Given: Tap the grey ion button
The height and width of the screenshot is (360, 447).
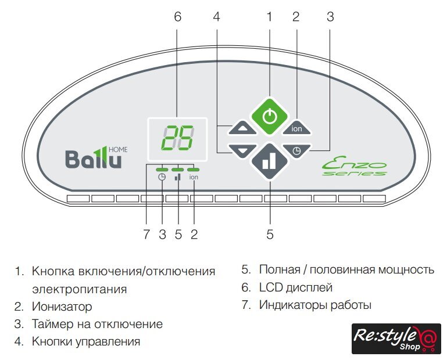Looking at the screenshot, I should point(296,129).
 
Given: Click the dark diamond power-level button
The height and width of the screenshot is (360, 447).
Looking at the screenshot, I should point(269,161).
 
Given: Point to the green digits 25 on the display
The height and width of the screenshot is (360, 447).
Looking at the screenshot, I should point(178,138).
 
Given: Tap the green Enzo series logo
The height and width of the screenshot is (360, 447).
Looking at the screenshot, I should point(355,168).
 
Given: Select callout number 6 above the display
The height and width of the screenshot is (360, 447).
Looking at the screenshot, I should point(177,17).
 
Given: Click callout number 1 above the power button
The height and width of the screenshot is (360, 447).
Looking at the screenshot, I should point(269,17).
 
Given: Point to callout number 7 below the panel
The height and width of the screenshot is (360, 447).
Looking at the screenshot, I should point(146,235).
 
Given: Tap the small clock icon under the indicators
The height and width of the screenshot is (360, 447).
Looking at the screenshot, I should point(162,178).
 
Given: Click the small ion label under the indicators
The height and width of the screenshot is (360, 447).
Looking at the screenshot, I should point(194,178).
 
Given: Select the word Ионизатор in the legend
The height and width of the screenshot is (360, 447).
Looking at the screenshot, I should point(62,306).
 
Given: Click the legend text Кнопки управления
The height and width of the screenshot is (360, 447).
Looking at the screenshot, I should point(86,341).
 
